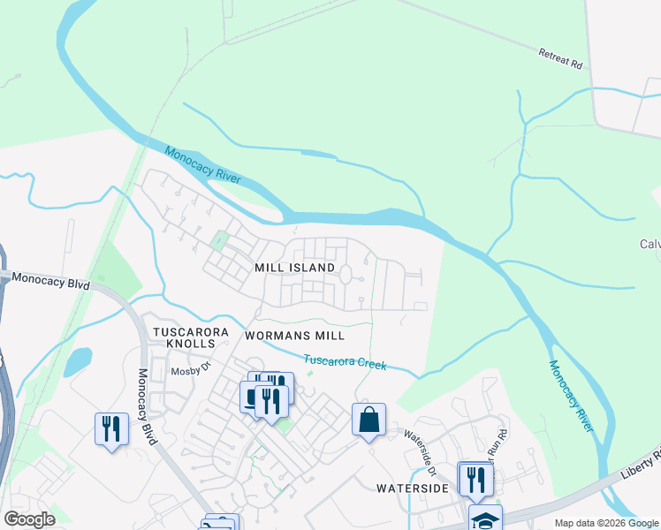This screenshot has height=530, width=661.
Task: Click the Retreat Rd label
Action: pos(561,58)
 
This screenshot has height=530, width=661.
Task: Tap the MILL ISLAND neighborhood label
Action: pos(294,268)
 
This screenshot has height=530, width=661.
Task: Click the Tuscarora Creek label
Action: pos(345,362)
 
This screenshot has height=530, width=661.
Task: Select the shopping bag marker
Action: pos(369,419)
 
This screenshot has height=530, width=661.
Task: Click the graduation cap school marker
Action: pos(485,519)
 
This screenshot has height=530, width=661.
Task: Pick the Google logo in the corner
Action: pos(29,519)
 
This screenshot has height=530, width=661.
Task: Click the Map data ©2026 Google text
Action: pos(606,523)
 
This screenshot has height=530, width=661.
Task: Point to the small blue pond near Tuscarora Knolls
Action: pos(78,360)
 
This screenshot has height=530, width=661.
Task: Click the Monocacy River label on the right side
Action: pos(570,397)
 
